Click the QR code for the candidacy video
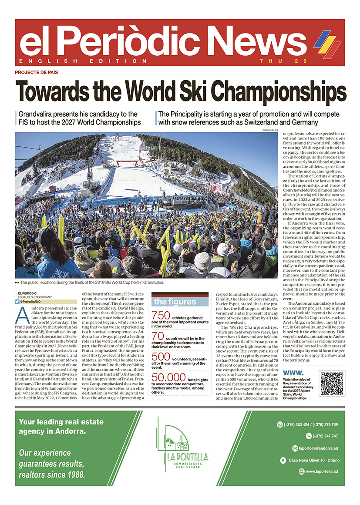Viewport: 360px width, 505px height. point(332,383)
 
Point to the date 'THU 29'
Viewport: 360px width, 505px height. point(274,61)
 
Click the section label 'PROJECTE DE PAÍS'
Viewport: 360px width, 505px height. point(37,73)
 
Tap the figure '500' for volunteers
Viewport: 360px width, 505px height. point(161,357)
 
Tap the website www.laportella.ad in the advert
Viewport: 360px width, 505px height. point(322,471)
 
